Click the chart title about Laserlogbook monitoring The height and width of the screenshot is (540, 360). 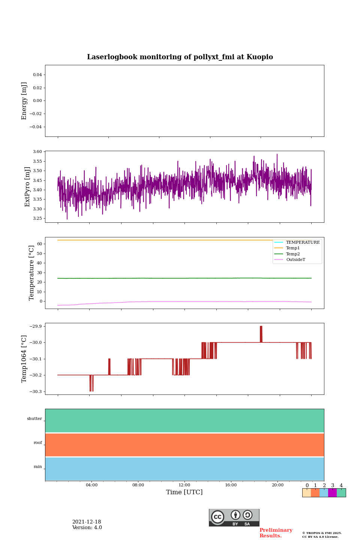pyautogui.click(x=180, y=57)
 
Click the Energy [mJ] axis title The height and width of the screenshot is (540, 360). pyautogui.click(x=24, y=101)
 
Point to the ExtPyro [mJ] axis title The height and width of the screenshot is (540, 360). pyautogui.click(x=27, y=187)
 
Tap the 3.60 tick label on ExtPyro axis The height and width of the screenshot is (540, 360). pyautogui.click(x=37, y=152)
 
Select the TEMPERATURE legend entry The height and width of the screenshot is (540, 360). pyautogui.click(x=303, y=243)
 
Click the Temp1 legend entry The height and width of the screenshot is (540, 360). pyautogui.click(x=293, y=248)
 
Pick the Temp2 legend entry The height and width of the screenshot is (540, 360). pyautogui.click(x=293, y=254)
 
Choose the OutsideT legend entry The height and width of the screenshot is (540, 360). pyautogui.click(x=295, y=260)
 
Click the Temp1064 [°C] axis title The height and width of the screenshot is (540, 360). pyautogui.click(x=24, y=359)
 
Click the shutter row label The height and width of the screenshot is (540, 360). pyautogui.click(x=34, y=419)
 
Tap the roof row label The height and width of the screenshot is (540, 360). pyautogui.click(x=38, y=443)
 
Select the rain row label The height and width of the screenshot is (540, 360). pyautogui.click(x=38, y=467)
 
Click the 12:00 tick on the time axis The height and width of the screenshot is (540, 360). pyautogui.click(x=184, y=485)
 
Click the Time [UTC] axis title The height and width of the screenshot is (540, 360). pyautogui.click(x=184, y=492)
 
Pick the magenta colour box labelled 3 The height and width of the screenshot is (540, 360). pyautogui.click(x=332, y=493)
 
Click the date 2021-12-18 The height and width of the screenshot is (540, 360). pyautogui.click(x=87, y=522)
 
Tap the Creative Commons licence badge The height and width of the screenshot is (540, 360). pyautogui.click(x=234, y=517)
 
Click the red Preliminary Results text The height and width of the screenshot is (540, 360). pyautogui.click(x=276, y=533)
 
